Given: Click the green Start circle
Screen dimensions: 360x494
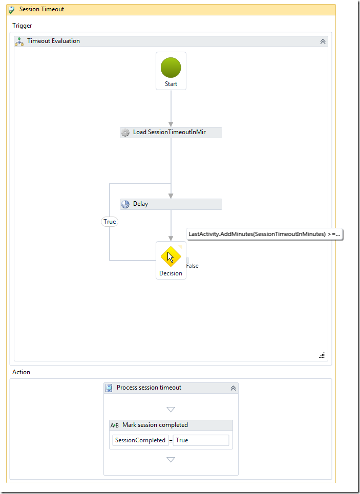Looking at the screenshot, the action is pyautogui.click(x=171, y=68).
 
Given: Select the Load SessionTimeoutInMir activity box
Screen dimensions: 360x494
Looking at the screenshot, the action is pyautogui.click(x=171, y=132).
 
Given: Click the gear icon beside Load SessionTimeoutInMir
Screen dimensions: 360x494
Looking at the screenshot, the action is pyautogui.click(x=125, y=132).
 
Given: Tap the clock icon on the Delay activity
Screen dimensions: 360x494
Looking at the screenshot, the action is pyautogui.click(x=125, y=204).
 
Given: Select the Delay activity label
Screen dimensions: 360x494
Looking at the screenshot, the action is pyautogui.click(x=141, y=204).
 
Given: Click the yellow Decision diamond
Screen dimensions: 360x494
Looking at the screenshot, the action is pyautogui.click(x=171, y=256).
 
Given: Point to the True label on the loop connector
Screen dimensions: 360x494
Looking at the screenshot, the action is pyautogui.click(x=110, y=222).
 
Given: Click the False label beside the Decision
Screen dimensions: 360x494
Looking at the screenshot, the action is pyautogui.click(x=193, y=266).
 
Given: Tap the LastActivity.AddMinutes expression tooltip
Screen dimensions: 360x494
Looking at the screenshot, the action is pyautogui.click(x=264, y=234).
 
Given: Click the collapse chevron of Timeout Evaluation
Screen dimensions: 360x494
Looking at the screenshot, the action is pyautogui.click(x=323, y=41).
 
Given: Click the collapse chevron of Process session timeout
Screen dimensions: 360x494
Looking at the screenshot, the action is pyautogui.click(x=234, y=388).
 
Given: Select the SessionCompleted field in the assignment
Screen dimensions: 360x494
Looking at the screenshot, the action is pyautogui.click(x=140, y=440).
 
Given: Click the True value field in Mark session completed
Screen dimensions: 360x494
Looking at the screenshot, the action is pyautogui.click(x=201, y=440).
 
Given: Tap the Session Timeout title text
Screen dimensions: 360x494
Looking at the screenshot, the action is pyautogui.click(x=41, y=9).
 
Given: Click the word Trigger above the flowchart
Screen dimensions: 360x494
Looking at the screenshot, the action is pyautogui.click(x=22, y=26).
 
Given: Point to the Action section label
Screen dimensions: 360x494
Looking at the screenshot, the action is pyautogui.click(x=21, y=372).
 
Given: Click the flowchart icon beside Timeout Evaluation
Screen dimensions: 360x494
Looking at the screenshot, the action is pyautogui.click(x=19, y=41).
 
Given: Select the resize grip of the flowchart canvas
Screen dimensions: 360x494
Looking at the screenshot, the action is pyautogui.click(x=322, y=355).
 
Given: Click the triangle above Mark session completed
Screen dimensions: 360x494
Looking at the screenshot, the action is pyautogui.click(x=171, y=410).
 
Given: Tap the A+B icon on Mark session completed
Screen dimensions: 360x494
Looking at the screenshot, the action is pyautogui.click(x=114, y=425).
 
